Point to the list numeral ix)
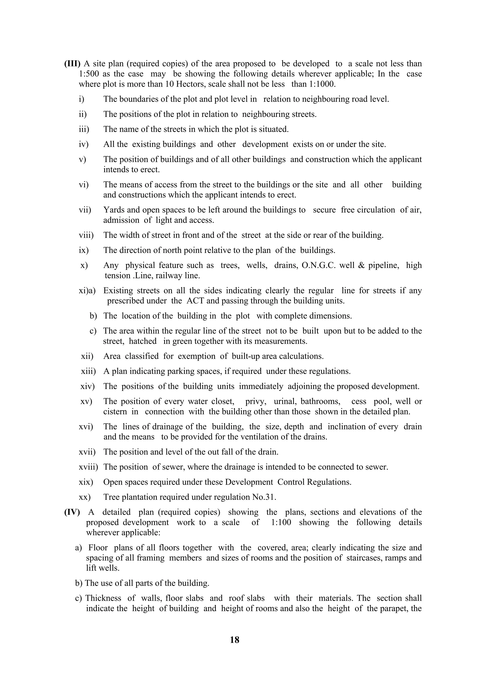(x=84, y=250)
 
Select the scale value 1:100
(x=281, y=523)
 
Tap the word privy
(x=256, y=402)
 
